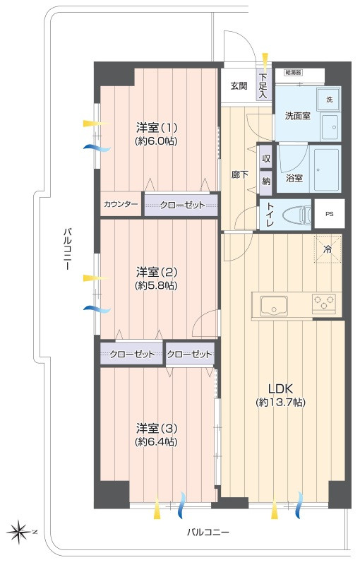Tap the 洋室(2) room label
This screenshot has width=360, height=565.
pos(156,272)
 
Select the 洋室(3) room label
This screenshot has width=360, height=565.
pos(156,428)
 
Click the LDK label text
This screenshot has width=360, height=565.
pos(280,388)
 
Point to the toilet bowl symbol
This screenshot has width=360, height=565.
pos(296,215)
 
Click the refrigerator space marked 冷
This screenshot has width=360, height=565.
pos(327,249)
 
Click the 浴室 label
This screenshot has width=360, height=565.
pos(294,178)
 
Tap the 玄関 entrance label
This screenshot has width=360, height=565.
pos(239,86)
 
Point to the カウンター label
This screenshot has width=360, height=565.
pos(121,204)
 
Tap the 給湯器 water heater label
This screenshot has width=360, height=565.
pos(293,72)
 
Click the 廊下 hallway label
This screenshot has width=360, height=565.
pos(240,174)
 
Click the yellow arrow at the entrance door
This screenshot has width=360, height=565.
pos(265,59)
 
